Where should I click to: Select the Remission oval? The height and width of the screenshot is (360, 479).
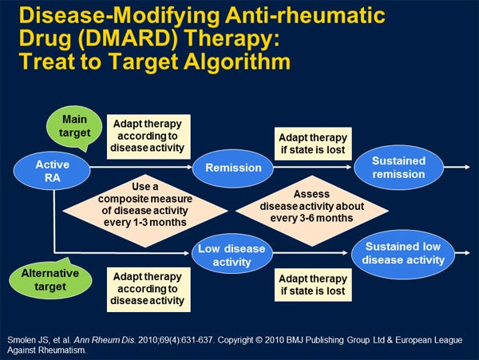click(233, 168)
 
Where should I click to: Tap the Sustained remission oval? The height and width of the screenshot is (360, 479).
click(398, 167)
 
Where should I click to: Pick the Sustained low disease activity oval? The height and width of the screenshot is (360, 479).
click(404, 253)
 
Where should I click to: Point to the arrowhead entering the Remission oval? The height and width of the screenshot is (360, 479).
click(191, 168)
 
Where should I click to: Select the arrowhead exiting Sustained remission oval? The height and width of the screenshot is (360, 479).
click(466, 168)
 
